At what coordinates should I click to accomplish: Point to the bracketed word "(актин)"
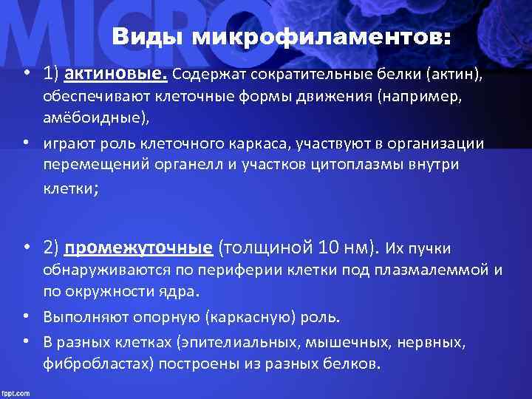pyautogui.click(x=459, y=74)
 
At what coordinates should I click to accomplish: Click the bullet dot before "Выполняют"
pyautogui.click(x=26, y=317)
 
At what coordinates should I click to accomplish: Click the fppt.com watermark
pyautogui.click(x=16, y=391)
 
